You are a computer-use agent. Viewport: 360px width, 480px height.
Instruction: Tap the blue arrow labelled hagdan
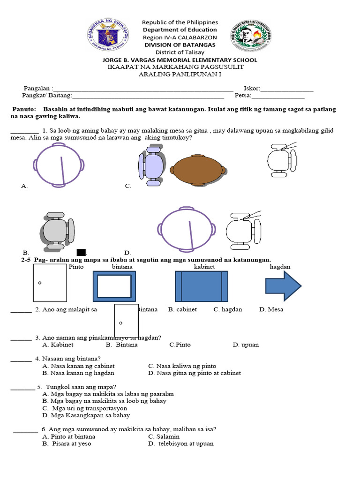coord(283,285)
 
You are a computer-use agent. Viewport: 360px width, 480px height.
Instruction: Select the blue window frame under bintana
coord(114,286)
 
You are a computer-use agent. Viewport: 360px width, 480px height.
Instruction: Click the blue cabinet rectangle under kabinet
coord(201,286)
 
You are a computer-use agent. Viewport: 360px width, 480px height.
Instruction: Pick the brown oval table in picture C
coord(198,169)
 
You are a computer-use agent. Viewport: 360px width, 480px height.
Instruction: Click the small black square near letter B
coord(81,253)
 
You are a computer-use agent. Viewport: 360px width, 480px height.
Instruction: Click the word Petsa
coord(242,96)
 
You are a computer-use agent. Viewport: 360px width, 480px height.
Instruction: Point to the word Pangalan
coord(38,88)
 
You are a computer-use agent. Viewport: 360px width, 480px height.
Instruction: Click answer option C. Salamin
coord(164,436)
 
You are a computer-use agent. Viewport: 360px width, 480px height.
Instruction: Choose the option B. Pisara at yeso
coord(67,443)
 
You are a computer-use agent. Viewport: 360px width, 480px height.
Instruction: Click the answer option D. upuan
coord(246,345)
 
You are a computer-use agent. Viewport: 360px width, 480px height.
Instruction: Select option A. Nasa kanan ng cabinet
coord(78,366)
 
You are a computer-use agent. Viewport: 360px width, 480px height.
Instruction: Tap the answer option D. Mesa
coord(271,309)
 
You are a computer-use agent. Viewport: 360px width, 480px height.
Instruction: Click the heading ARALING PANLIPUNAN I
coord(180,74)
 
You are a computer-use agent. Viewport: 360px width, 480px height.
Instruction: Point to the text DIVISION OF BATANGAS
coord(180,45)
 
